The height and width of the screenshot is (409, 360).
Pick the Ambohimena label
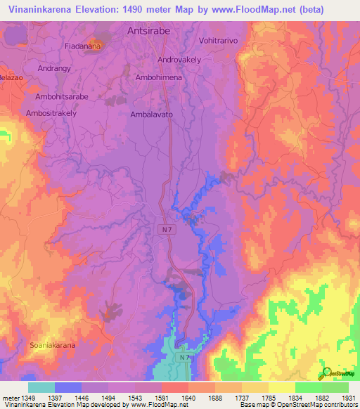[158, 78]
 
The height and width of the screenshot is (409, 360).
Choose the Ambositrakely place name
[51, 112]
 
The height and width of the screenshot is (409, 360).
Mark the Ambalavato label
[152, 114]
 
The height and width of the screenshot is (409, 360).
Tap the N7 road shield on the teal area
[184, 358]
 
